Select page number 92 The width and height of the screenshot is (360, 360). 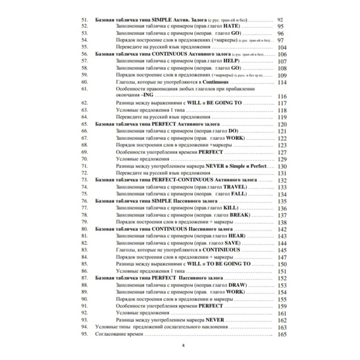tap(280, 20)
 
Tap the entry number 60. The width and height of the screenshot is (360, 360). tap(84, 82)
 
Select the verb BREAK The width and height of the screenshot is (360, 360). tap(239, 215)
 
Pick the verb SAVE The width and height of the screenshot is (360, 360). tap(232, 243)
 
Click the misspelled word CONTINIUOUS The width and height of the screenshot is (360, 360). tap(221, 250)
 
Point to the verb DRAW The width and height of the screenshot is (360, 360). tap(237, 285)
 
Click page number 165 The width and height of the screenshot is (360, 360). tap(282, 334)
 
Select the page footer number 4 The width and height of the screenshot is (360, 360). tap(183, 345)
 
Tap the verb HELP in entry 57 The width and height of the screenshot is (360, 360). tap(231, 61)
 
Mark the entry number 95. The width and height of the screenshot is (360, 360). tap(84, 334)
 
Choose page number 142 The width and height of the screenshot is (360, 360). tap(282, 229)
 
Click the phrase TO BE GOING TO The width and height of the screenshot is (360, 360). tap(228, 264)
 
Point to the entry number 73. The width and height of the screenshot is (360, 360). tap(84, 180)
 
